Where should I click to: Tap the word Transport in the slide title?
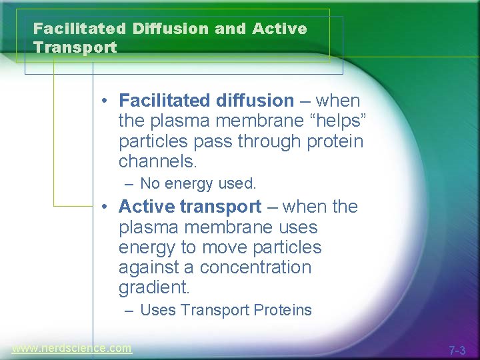[x=75, y=48]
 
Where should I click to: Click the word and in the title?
[x=230, y=29]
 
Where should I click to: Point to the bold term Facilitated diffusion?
[x=206, y=101]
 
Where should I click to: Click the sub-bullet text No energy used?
[x=198, y=183]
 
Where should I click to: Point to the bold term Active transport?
[x=190, y=207]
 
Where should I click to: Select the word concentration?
[x=255, y=267]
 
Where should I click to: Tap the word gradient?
[x=154, y=288]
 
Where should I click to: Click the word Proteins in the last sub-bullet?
[x=282, y=310]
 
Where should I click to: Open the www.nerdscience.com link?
[x=72, y=348]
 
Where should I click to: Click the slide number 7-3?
[x=457, y=350]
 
